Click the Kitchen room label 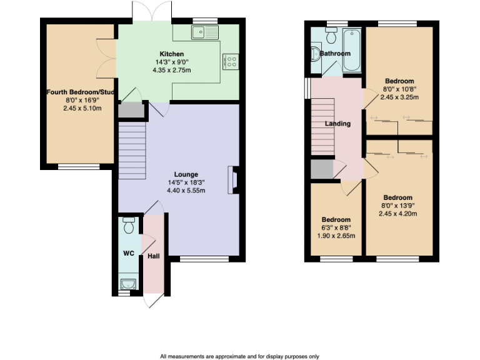click(171, 54)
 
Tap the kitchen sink click(205, 32)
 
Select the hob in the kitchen click(229, 61)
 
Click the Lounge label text click(186, 174)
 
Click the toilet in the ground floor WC click(129, 223)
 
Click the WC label click(129, 254)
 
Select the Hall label click(153, 256)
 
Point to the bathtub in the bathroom click(352, 50)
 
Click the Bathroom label click(335, 54)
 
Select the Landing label click(337, 124)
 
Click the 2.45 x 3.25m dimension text click(399, 97)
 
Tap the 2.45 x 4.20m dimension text click(398, 213)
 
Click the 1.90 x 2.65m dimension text click(336, 236)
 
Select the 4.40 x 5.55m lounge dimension click(186, 189)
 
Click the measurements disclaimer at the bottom click(239, 356)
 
